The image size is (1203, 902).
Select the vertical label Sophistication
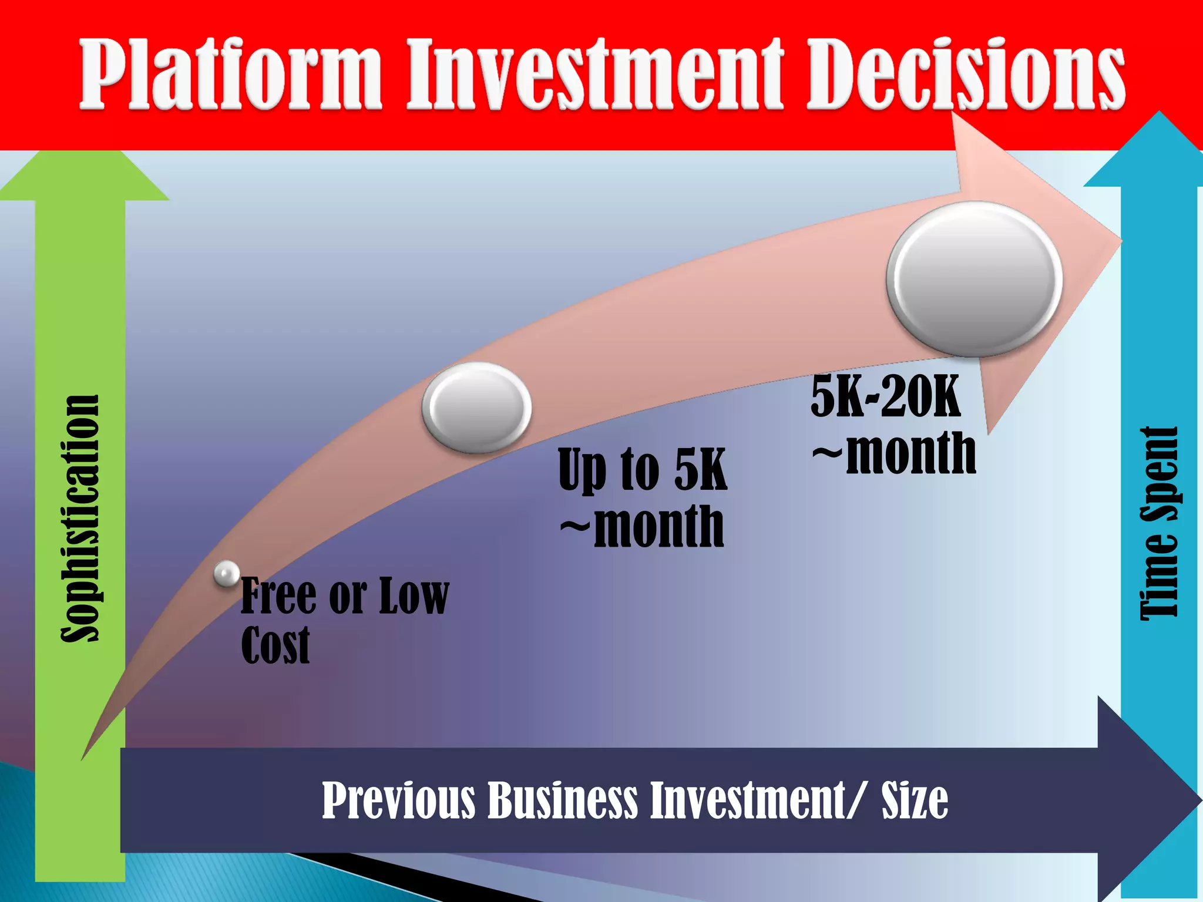click(x=80, y=519)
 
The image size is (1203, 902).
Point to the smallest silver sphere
click(x=227, y=574)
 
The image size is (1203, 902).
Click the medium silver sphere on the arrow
click(x=476, y=407)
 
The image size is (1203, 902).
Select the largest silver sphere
click(x=975, y=279)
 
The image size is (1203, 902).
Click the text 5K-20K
click(x=885, y=397)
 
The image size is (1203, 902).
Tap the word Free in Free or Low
click(x=278, y=595)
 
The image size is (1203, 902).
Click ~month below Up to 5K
click(x=642, y=527)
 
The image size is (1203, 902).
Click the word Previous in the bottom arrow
click(x=398, y=800)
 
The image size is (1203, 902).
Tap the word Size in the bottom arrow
click(x=914, y=800)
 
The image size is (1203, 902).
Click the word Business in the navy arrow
click(x=562, y=800)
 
